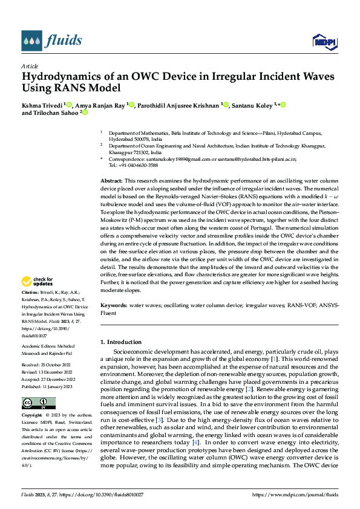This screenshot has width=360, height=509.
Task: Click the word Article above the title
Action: click(30, 66)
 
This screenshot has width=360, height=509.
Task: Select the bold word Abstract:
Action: click(111, 181)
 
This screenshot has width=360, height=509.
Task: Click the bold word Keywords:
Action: click(113, 306)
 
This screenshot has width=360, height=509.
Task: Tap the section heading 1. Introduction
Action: click(121, 342)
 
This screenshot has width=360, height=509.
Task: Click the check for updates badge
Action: click(37, 280)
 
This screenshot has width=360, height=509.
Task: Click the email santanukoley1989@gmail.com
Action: click(172, 159)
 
